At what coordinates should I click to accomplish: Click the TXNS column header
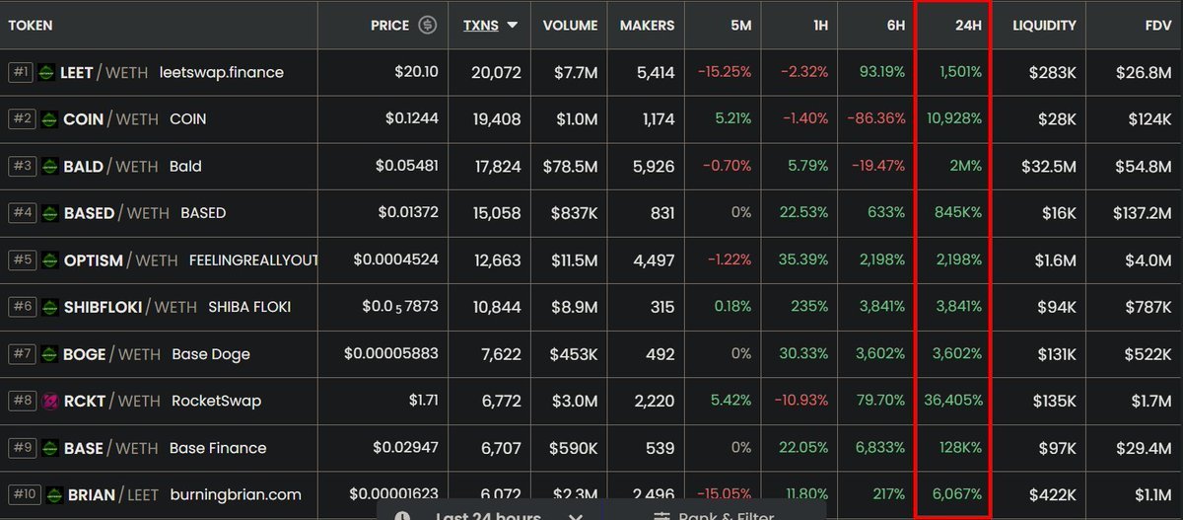coord(480,25)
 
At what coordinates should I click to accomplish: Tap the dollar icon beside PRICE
coord(427,25)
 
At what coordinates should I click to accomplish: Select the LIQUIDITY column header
coord(1044,25)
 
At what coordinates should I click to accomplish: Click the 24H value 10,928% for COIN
coord(954,118)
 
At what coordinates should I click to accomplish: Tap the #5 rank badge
coord(22,260)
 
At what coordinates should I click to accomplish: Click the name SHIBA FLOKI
coord(249,307)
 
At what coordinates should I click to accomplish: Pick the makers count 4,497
coord(651,260)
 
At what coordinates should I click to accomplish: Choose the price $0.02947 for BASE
coord(405,448)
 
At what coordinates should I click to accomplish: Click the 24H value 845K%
coord(954,213)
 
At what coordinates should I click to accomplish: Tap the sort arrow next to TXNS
coord(513,25)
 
